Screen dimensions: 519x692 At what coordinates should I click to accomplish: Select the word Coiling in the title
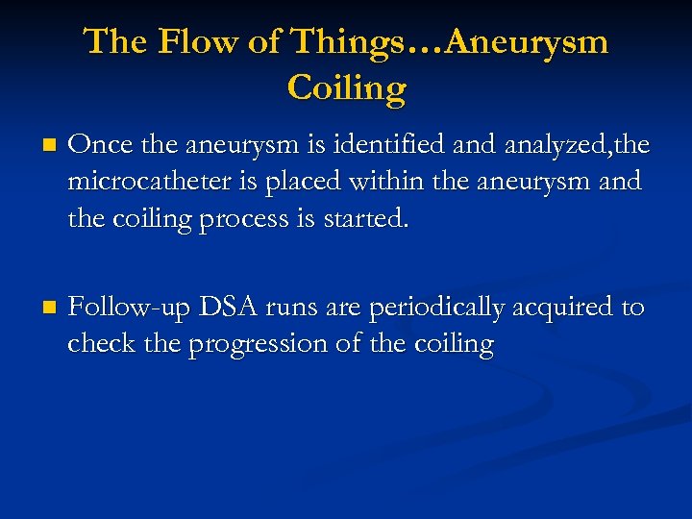click(346, 87)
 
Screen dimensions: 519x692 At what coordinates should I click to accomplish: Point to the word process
click(240, 218)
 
